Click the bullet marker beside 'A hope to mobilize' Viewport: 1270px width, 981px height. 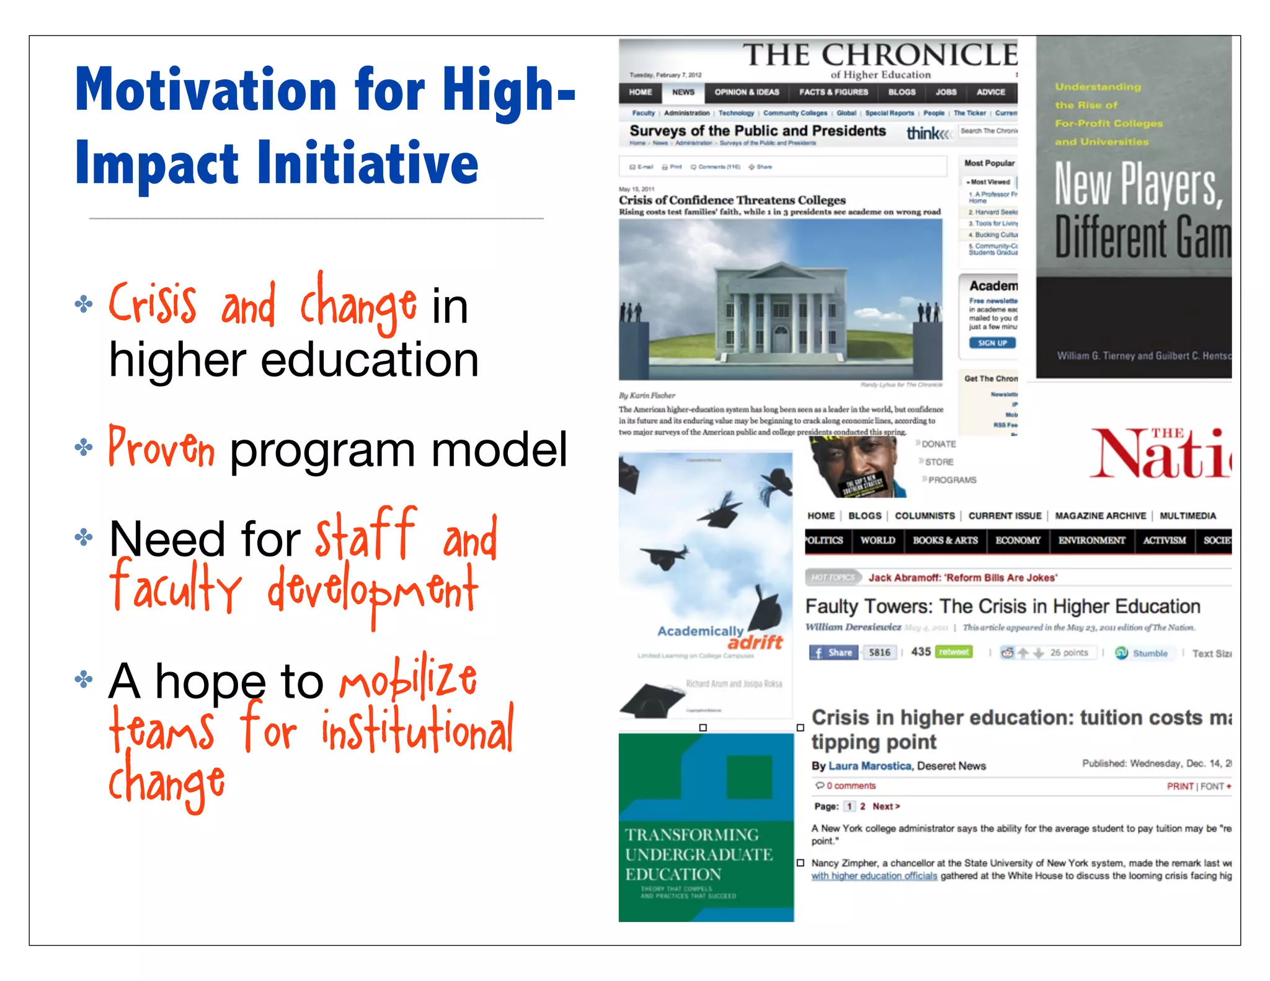83,680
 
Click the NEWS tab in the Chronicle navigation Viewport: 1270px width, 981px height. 683,92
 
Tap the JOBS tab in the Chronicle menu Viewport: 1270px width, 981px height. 946,92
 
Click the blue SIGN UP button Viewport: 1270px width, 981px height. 992,343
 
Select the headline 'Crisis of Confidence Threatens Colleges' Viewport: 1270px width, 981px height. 732,200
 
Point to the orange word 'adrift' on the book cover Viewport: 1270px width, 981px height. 755,642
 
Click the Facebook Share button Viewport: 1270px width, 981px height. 833,652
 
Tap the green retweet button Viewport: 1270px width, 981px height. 954,652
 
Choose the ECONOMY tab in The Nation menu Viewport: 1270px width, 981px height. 1018,540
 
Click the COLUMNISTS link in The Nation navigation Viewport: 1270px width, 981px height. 924,516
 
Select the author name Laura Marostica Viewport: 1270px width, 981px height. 869,766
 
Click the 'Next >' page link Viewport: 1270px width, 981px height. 886,806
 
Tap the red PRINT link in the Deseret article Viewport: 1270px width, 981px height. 1179,786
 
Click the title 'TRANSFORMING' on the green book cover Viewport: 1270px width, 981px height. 691,835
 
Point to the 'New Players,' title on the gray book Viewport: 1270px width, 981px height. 1138,185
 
